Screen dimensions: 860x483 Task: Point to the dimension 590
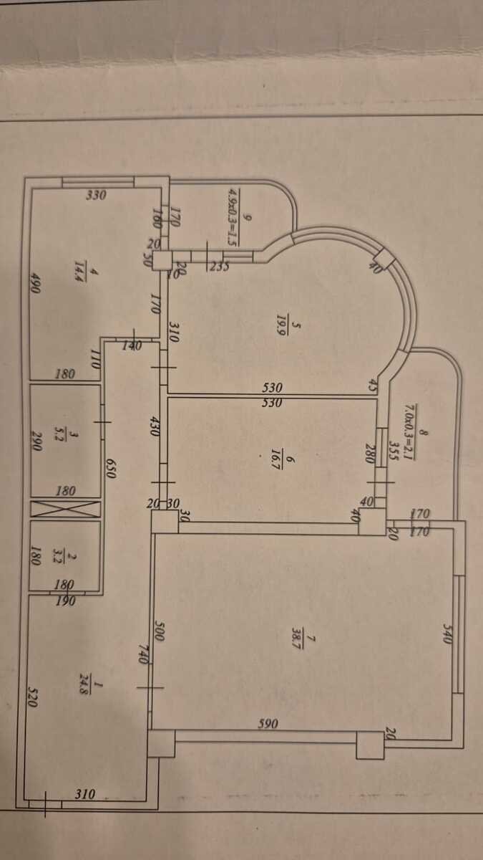[268, 724]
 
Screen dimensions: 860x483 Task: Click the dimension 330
[96, 194]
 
